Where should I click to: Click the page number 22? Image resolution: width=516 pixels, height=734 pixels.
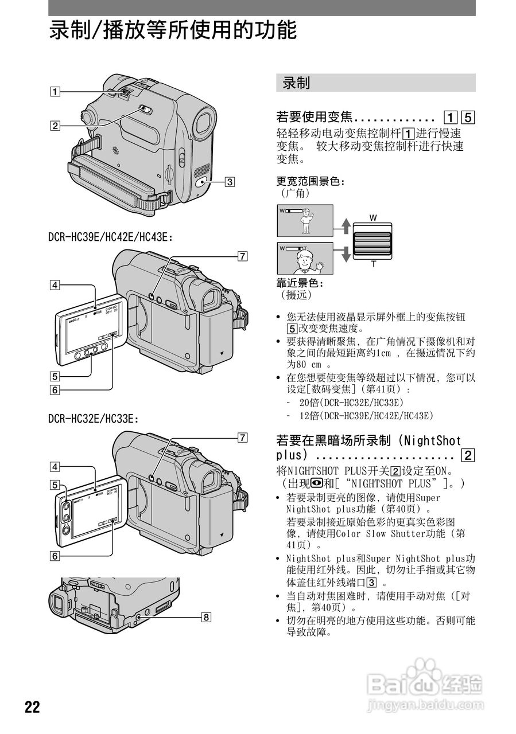point(32,706)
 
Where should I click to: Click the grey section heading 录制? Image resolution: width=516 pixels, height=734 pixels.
point(296,83)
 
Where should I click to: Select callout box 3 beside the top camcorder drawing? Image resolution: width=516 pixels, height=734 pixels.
point(229,182)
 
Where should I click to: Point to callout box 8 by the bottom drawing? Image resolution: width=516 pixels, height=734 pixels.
point(205,617)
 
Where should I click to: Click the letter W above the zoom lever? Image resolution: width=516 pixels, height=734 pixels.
point(373,218)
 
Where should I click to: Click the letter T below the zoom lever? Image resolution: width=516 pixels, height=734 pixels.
point(373,264)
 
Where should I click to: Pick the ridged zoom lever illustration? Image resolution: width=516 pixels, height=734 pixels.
point(373,241)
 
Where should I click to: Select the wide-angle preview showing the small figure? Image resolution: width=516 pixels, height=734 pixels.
point(305,220)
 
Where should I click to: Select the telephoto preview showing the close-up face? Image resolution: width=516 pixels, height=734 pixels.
point(305,259)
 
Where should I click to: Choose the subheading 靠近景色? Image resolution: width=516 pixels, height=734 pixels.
point(300,283)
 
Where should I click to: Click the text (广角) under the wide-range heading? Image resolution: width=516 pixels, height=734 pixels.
point(295,193)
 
